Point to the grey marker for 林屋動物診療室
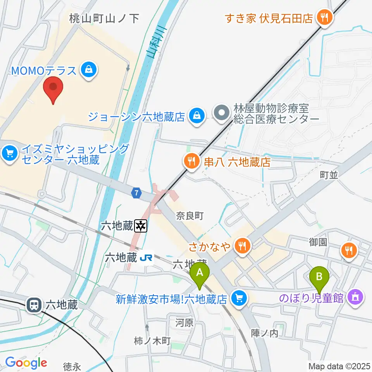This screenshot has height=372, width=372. [x=222, y=114]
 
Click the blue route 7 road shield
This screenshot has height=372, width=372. [x=136, y=193]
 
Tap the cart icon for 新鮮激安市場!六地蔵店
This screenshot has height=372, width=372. [x=239, y=298]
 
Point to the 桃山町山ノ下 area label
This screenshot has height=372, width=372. [x=104, y=18]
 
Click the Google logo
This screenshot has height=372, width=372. [x=26, y=362]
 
